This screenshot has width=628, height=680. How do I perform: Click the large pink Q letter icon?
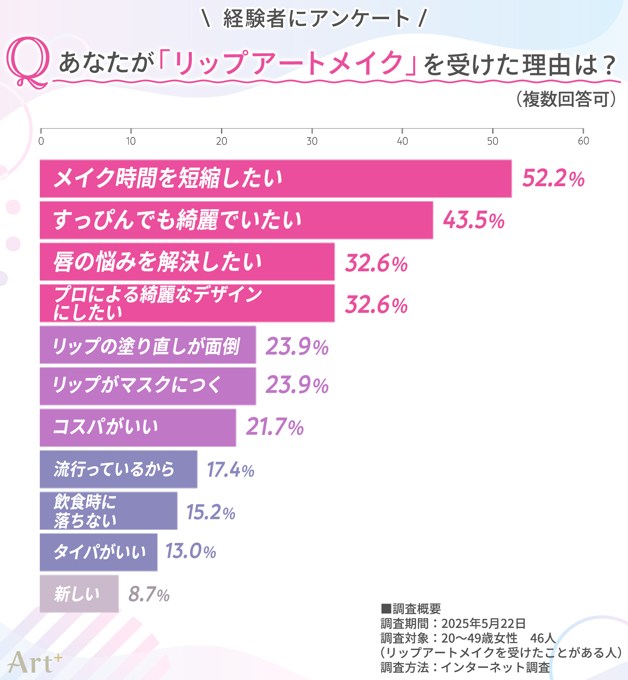click(28, 62)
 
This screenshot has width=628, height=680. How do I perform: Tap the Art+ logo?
click(34, 662)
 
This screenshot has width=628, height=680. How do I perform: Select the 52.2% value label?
click(553, 179)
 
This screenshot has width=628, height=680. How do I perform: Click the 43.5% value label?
click(473, 220)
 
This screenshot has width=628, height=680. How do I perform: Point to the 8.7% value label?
click(149, 594)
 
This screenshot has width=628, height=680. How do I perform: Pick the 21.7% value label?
click(275, 427)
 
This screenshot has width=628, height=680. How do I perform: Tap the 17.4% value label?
click(230, 469)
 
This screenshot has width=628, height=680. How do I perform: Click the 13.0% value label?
click(190, 551)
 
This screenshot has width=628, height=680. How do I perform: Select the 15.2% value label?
click(211, 512)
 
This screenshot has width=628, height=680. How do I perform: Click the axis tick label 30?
click(312, 141)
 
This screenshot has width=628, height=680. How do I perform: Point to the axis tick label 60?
click(583, 141)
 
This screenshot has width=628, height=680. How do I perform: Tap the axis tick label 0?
click(41, 141)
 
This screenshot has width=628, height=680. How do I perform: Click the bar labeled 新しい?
click(79, 594)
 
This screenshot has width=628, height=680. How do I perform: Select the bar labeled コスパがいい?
click(138, 428)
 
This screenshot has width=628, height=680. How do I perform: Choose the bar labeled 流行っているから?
click(118, 469)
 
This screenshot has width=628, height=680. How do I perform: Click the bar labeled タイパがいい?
click(98, 552)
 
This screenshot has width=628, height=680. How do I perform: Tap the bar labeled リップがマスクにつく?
click(148, 386)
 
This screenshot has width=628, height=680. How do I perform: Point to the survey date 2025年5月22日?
click(483, 624)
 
